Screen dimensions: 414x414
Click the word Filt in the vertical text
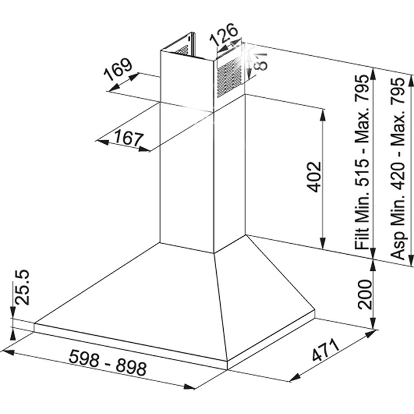(361, 237)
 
